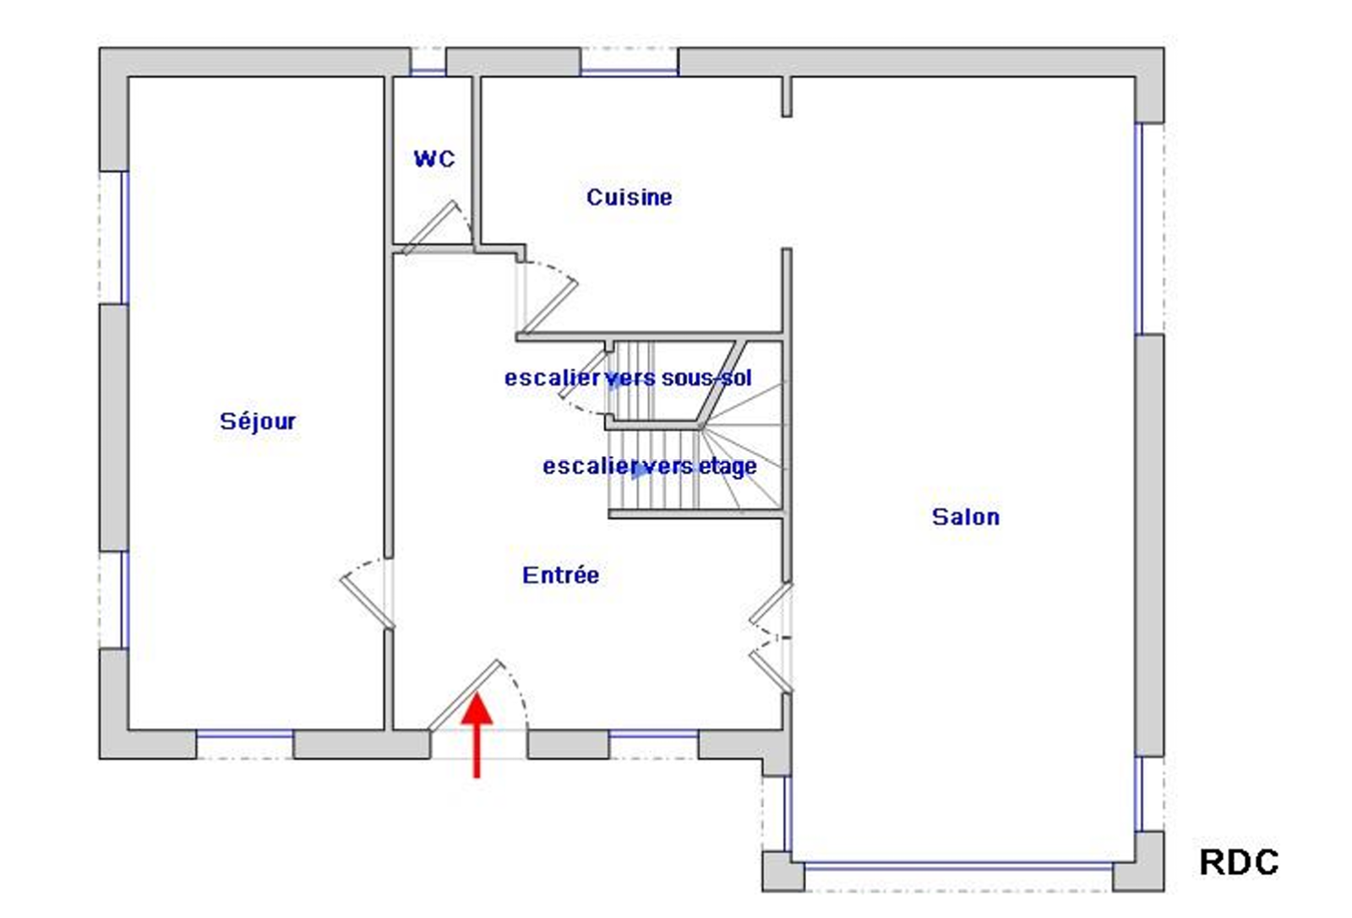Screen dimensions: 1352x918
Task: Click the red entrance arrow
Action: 477,735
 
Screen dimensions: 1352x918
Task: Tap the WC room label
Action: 434,159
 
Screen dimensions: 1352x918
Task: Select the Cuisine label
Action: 629,198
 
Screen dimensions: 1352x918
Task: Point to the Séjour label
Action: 258,421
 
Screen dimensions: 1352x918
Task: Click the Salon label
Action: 966,517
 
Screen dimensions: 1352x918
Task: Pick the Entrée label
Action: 561,575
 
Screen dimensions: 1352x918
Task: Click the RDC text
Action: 1239,862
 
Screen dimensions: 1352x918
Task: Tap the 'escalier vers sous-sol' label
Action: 628,378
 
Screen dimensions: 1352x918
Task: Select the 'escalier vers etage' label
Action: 650,466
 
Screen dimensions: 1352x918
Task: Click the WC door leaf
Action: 428,227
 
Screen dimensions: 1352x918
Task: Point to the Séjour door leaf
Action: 367,602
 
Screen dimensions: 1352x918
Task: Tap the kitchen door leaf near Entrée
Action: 548,307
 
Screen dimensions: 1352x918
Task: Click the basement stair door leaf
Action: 583,373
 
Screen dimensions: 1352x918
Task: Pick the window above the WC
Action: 428,72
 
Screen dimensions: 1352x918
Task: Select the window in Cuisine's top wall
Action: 629,72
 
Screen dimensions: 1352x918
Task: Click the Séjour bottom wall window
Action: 245,733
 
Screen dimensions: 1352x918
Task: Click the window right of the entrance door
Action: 654,733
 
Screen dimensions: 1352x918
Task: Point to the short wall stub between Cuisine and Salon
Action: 787,96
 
